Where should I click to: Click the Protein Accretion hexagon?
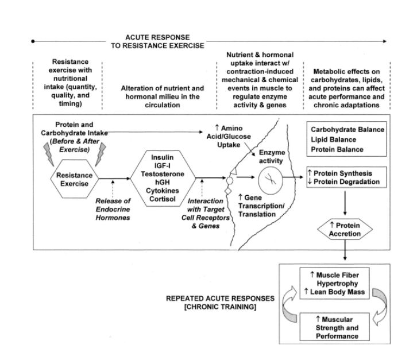point(345,230)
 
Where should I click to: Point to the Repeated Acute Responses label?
point(220,303)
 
